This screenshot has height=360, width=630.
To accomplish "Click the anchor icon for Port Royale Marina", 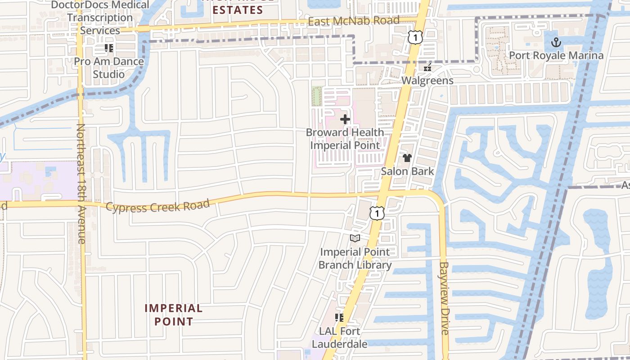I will click(x=557, y=43).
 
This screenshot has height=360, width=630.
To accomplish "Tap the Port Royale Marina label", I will click(x=556, y=55).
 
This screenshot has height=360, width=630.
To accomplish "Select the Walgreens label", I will click(x=427, y=81).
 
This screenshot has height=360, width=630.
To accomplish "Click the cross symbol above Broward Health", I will click(x=345, y=119).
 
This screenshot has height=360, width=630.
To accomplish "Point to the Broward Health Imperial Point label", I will click(x=345, y=139).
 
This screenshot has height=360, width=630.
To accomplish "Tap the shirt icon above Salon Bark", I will click(x=407, y=158).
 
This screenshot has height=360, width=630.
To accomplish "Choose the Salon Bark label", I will click(x=407, y=171).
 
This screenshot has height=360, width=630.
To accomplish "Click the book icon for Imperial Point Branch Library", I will click(x=355, y=238).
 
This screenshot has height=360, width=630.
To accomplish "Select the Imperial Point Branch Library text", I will click(x=355, y=258).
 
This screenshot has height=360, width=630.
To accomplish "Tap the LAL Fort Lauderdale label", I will click(x=343, y=337).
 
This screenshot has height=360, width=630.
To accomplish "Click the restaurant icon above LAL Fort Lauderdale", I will click(x=339, y=318).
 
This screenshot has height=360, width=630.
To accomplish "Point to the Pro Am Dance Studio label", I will click(x=109, y=67).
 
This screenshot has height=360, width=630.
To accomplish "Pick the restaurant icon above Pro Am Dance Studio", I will click(x=108, y=48).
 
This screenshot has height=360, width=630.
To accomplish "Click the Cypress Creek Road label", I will click(x=158, y=207).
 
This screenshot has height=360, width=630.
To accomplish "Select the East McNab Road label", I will click(x=354, y=21).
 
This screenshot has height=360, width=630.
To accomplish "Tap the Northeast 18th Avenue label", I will click(x=81, y=184).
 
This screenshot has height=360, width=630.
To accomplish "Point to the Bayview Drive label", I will click(x=445, y=298).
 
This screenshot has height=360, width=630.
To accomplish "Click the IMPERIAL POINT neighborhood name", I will click(x=173, y=315).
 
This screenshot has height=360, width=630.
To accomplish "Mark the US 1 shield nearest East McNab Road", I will click(x=415, y=38).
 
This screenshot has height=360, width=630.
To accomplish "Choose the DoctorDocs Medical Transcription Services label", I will click(x=100, y=18).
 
